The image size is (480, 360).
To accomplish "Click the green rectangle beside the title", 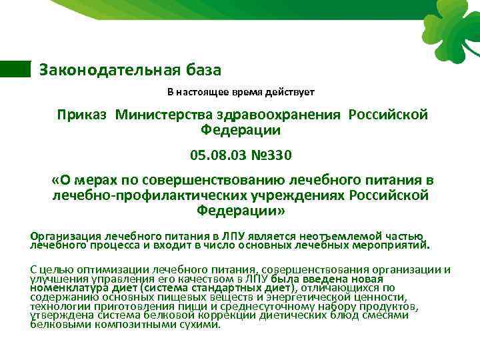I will (x=15, y=69).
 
